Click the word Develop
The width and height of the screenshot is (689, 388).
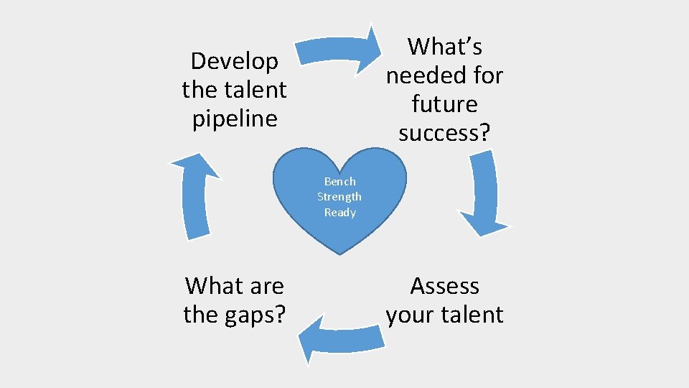click(235, 62)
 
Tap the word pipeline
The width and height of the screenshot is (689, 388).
click(235, 119)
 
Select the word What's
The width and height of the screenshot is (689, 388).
click(445, 47)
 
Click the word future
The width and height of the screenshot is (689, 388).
click(445, 104)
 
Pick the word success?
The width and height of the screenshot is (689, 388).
click(445, 133)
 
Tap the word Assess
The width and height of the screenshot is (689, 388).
click(445, 286)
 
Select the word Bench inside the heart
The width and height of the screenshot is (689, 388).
click(339, 182)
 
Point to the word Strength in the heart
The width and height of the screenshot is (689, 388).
click(339, 197)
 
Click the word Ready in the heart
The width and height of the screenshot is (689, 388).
click(339, 212)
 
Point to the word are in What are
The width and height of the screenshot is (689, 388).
click(266, 286)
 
